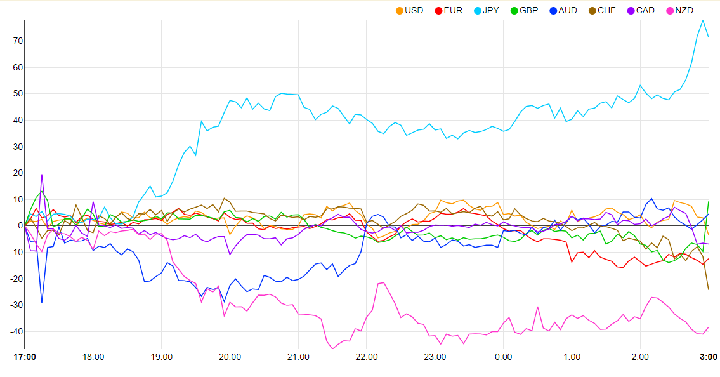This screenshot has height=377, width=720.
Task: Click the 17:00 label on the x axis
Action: pos(25,357)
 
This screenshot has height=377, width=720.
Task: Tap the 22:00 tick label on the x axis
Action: pos(367,357)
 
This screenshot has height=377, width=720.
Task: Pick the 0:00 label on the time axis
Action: pos(503,357)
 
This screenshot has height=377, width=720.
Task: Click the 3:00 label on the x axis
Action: pos(708,357)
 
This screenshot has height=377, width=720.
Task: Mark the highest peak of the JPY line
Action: pos(702,20)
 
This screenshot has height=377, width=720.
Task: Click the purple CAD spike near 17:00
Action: pos(42,175)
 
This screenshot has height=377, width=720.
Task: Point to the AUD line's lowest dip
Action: pos(42,303)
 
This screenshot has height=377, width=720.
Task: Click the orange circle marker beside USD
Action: pos(399,10)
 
